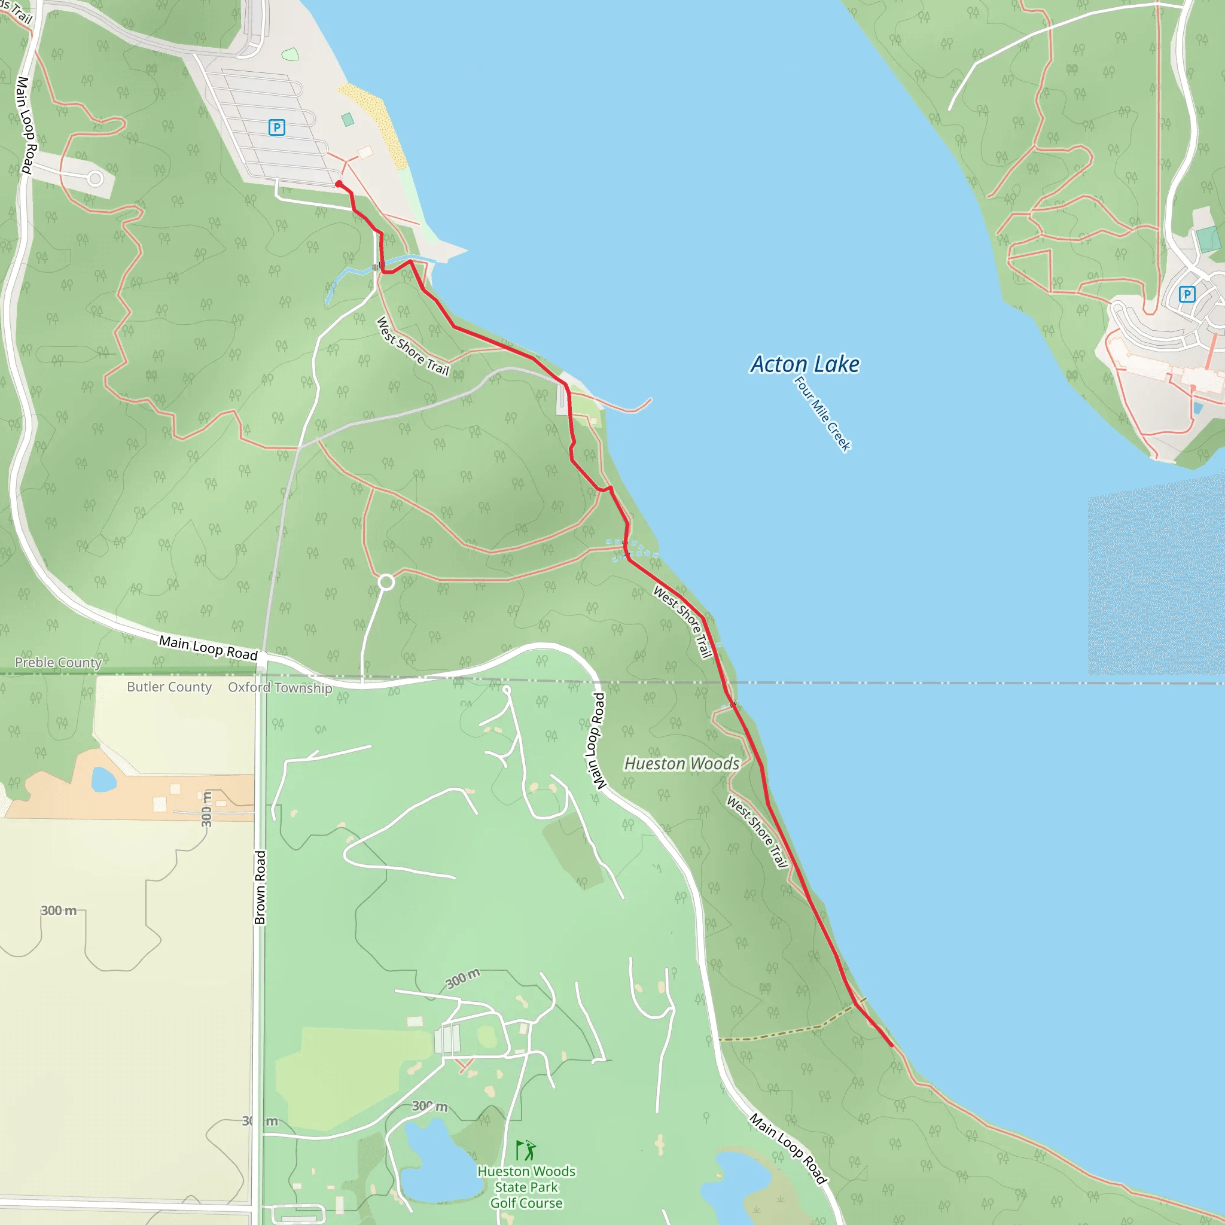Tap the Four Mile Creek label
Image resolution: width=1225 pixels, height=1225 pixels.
[822, 413]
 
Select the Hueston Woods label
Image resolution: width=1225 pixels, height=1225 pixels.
[682, 763]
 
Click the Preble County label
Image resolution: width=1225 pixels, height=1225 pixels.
[59, 663]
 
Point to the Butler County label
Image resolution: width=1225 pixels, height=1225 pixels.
[169, 687]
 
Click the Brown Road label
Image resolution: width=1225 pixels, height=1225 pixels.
[260, 888]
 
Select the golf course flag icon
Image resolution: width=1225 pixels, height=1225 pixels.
[525, 1150]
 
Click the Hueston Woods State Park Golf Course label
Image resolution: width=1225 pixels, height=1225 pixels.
[526, 1187]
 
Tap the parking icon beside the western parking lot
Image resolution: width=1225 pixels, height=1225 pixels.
[276, 127]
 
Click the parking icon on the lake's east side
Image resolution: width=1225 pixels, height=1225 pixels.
[1187, 294]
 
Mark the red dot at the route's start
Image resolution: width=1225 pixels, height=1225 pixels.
[339, 184]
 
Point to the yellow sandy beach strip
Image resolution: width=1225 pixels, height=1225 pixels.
[374, 124]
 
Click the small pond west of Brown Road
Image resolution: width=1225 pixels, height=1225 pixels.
[103, 779]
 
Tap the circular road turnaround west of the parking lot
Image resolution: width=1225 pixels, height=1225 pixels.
[95, 179]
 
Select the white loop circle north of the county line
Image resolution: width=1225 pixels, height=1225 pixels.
[386, 581]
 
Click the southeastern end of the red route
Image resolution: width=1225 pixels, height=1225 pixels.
[892, 1046]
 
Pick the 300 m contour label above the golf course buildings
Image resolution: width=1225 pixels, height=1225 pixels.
[462, 979]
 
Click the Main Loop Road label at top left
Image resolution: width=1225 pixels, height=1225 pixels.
[26, 125]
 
